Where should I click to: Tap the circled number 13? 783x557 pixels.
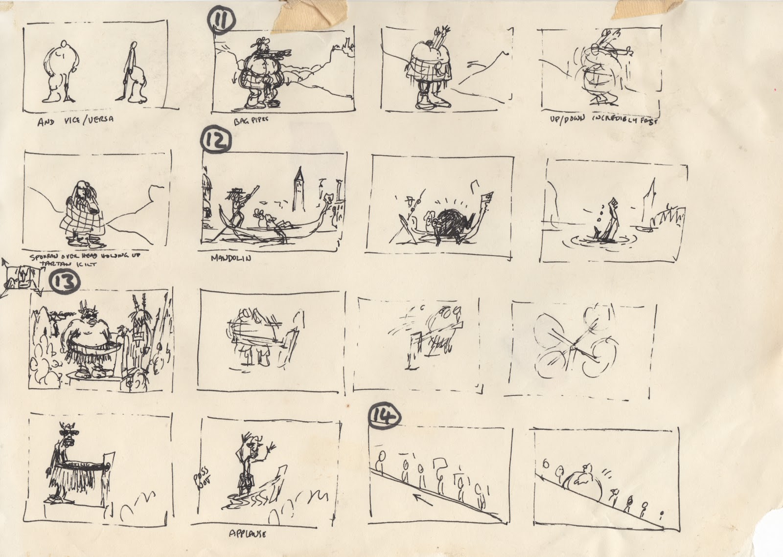click(64, 282)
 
